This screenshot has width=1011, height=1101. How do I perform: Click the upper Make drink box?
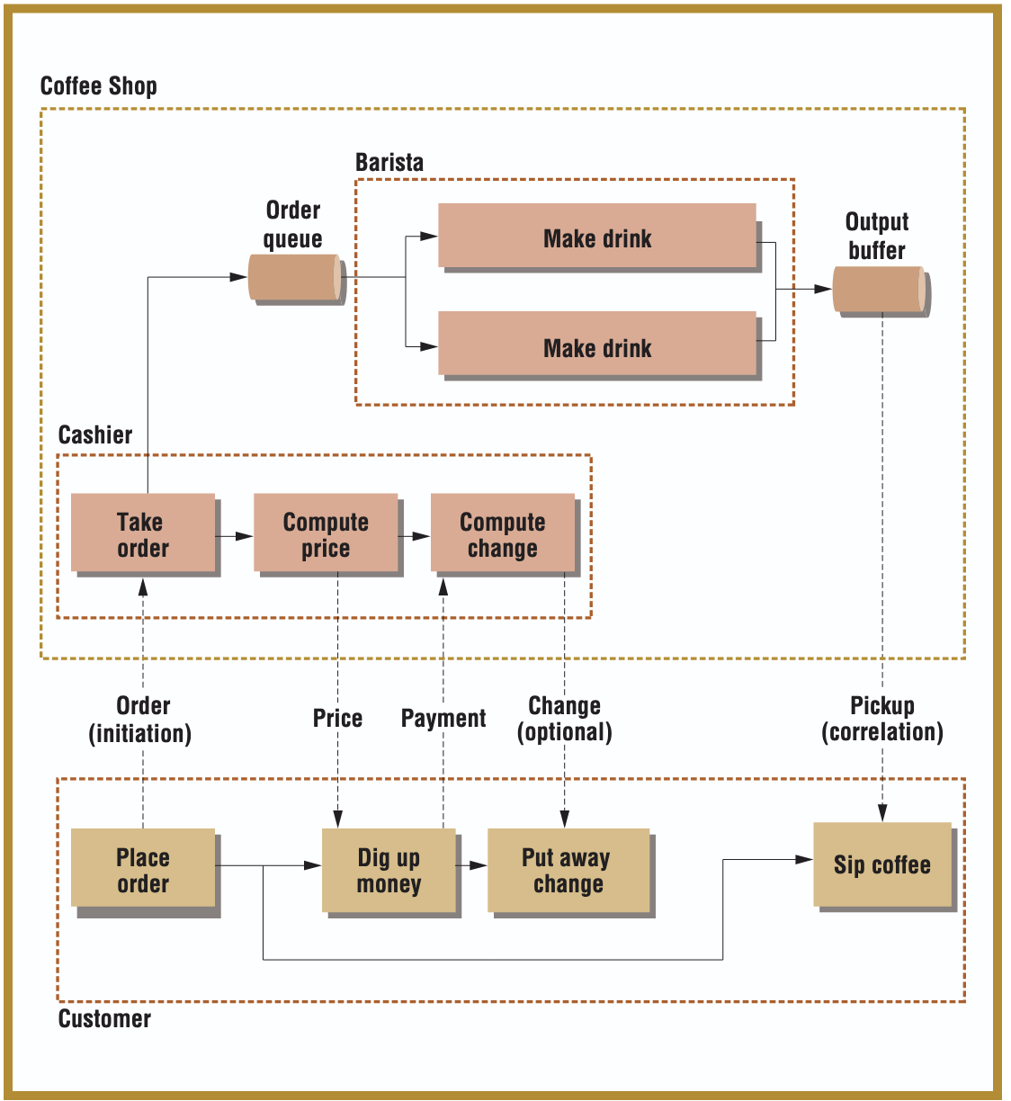597,236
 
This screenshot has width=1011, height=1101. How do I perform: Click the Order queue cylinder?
295,278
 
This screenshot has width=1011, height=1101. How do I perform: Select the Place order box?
143,868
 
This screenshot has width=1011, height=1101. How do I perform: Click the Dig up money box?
389,870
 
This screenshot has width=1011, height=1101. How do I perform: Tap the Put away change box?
568,870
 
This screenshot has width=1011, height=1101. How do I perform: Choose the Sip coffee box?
882,864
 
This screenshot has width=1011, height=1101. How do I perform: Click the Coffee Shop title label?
99,86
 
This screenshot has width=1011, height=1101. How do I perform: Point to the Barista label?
389,163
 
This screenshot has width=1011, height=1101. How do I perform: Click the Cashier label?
95,435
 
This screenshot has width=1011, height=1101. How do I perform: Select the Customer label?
104,1019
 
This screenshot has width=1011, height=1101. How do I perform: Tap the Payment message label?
443,719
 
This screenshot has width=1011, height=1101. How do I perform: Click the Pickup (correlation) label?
882,719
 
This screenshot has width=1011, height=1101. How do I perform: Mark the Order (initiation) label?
140,719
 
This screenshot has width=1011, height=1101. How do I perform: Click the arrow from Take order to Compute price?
235,536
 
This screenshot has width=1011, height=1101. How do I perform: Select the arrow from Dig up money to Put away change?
472,865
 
